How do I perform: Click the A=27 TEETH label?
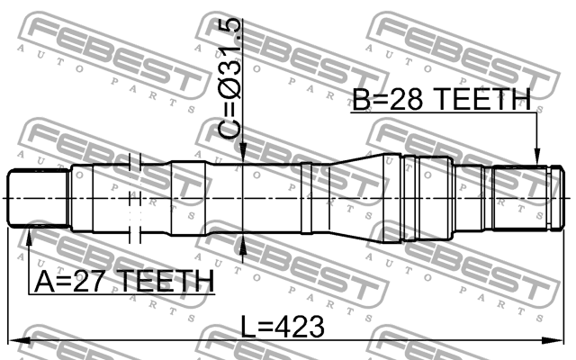(124, 281)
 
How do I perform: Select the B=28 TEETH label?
(442, 99)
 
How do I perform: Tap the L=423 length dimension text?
(283, 327)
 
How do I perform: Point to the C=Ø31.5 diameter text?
(230, 78)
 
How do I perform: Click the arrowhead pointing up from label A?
(29, 238)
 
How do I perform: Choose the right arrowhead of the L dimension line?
(553, 340)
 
